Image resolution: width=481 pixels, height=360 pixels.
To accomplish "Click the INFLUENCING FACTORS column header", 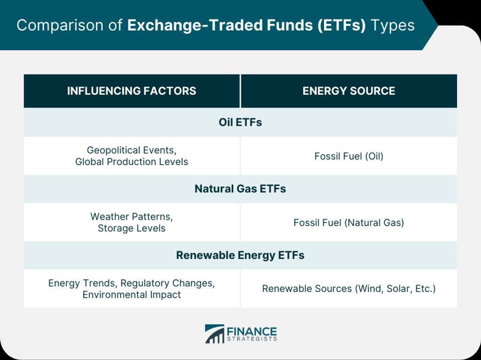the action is pyautogui.click(x=132, y=91).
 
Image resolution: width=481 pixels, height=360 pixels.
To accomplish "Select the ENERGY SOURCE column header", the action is pyautogui.click(x=349, y=91).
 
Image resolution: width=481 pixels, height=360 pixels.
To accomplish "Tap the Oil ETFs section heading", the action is pyautogui.click(x=240, y=123).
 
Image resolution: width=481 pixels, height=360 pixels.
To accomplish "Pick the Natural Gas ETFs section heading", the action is pyautogui.click(x=240, y=189).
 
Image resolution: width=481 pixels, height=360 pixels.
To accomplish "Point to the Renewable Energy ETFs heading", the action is pyautogui.click(x=240, y=255).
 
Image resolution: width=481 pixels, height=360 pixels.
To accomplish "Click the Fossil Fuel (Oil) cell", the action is pyautogui.click(x=349, y=156).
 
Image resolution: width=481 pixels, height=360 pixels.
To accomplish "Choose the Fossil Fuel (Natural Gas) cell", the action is pyautogui.click(x=349, y=222).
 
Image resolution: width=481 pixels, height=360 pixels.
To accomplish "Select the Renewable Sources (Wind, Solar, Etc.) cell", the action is pyautogui.click(x=349, y=289).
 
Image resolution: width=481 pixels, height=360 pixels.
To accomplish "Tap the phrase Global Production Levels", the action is pyautogui.click(x=132, y=161).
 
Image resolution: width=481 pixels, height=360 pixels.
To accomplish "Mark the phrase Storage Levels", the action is pyautogui.click(x=132, y=228).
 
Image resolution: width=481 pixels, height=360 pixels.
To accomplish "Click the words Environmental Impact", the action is pyautogui.click(x=132, y=295).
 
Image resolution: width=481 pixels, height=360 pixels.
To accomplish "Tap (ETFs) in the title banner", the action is pyautogui.click(x=341, y=25).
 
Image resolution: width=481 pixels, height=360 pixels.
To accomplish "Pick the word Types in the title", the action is pyautogui.click(x=393, y=26).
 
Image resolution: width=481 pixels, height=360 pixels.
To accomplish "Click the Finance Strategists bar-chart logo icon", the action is pyautogui.click(x=214, y=334).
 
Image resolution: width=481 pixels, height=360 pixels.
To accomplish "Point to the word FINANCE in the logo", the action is pyautogui.click(x=252, y=331).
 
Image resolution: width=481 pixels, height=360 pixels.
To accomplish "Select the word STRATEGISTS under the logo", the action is pyautogui.click(x=252, y=339).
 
